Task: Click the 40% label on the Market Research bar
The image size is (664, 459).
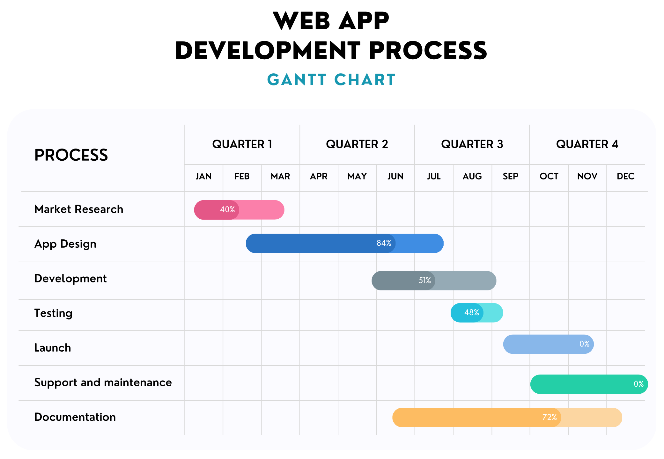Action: (227, 210)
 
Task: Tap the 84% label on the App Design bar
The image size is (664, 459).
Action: (384, 243)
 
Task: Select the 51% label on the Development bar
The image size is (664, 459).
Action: (424, 280)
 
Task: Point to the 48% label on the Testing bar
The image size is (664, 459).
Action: (471, 313)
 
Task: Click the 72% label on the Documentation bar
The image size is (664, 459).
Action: (549, 417)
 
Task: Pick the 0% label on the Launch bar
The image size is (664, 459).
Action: (584, 344)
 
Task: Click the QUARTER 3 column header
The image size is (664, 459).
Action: (472, 144)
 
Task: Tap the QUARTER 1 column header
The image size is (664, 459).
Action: (242, 144)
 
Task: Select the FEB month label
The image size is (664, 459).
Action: (242, 176)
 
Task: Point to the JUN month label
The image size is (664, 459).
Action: (395, 176)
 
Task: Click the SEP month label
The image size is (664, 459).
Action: (510, 176)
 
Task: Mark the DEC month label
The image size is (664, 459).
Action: (625, 176)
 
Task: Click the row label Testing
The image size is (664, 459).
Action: (53, 313)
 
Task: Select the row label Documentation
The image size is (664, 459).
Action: (75, 417)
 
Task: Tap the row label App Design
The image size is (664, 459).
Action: (65, 244)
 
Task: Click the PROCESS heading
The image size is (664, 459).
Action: (71, 155)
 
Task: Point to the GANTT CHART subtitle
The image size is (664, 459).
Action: (331, 80)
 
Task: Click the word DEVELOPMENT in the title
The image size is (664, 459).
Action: (268, 51)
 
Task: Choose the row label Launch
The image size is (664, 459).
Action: (53, 348)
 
